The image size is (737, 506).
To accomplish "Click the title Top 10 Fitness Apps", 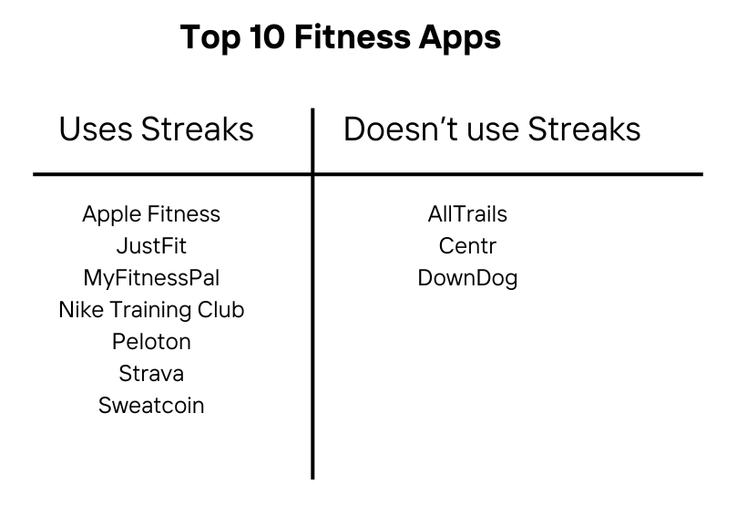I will (x=340, y=38).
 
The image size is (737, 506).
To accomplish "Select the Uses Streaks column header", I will (x=156, y=129).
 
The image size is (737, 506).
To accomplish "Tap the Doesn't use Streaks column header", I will (x=492, y=129).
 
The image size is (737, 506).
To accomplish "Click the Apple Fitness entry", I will (x=151, y=214).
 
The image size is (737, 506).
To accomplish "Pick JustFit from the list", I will (x=151, y=246).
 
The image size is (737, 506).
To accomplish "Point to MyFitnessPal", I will (x=151, y=278).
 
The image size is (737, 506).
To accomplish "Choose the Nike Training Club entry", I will (x=151, y=310).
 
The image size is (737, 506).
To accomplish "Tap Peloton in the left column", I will (x=151, y=342).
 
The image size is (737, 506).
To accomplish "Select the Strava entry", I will (x=151, y=374).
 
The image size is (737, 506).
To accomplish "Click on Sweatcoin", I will (x=151, y=406).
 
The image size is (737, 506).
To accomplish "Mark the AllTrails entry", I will (x=467, y=214).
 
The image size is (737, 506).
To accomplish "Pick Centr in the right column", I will (x=467, y=246).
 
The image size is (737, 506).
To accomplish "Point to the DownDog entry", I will (x=467, y=278).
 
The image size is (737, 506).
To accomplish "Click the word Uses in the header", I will (x=95, y=129).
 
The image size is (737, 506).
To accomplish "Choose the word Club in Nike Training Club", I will (x=220, y=310).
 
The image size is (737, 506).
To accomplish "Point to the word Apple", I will (x=108, y=215).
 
